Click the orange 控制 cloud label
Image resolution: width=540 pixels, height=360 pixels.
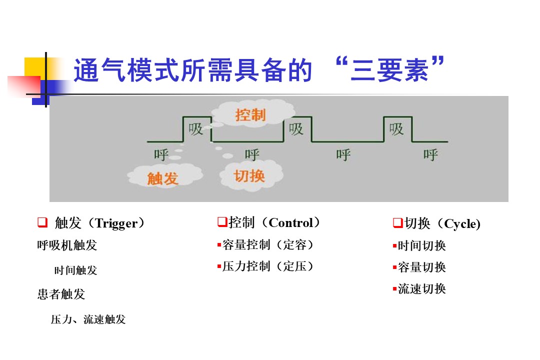point(250,114)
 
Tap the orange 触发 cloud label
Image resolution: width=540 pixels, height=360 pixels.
point(162,178)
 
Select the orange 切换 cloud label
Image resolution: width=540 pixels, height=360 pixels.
point(249,176)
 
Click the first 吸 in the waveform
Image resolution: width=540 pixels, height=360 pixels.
point(195,129)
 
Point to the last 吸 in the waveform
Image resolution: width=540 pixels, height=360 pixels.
point(396,129)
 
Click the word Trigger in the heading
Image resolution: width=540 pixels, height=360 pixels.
point(116,223)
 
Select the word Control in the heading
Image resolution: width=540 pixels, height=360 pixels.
point(290,222)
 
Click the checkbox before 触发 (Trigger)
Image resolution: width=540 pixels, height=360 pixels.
point(42,222)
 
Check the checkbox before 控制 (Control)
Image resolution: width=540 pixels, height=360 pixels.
point(222,222)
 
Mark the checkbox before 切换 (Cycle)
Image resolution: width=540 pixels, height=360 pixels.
point(398,223)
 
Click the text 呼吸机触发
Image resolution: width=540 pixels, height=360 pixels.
point(67,245)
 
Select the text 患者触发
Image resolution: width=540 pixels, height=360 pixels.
point(61,294)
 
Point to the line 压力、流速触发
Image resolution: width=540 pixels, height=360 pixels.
point(88,319)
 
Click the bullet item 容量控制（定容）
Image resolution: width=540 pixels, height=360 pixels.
point(265,245)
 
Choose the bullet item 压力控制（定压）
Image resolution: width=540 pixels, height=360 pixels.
point(265,266)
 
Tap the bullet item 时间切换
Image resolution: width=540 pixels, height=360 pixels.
point(419,246)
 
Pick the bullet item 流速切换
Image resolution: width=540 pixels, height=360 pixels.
point(419,288)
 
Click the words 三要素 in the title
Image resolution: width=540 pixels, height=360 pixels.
point(390,70)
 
